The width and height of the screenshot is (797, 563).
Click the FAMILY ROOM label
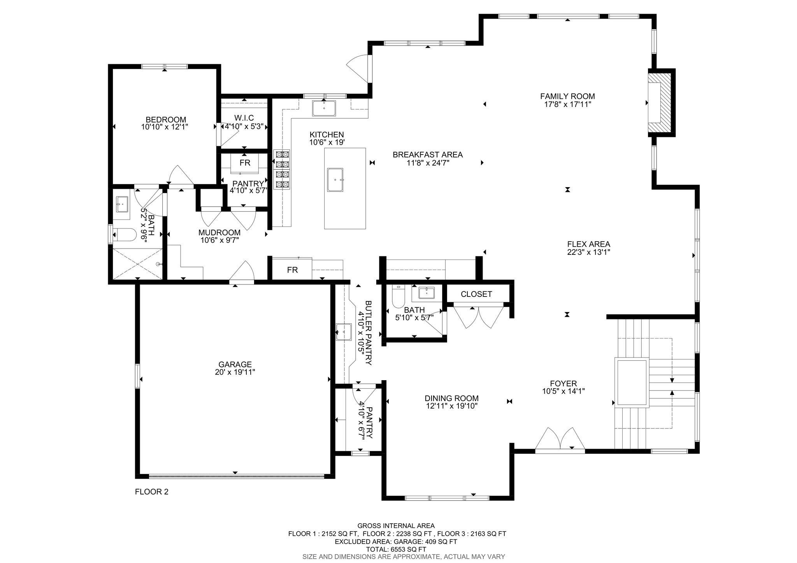coord(567,96)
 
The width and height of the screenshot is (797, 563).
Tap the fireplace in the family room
coord(660,103)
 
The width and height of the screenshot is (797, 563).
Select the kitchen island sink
coord(335,180)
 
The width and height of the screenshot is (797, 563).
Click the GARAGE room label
coord(235,365)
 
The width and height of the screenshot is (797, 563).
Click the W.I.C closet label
coord(244,118)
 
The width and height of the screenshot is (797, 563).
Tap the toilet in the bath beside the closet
coord(398,297)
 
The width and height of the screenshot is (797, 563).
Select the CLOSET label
coord(476,294)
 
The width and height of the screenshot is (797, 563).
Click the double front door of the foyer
coord(560,440)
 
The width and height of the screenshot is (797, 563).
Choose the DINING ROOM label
coord(451,398)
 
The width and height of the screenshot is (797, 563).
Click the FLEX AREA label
coord(588,244)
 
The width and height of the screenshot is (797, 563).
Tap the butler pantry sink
coord(343,332)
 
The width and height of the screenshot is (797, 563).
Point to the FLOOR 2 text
coord(151,492)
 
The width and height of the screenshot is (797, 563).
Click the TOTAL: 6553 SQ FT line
coord(396,549)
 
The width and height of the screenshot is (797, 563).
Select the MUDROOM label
coord(219,233)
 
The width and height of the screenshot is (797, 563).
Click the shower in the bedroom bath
coord(137,263)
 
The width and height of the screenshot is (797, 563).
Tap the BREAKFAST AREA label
coord(427,155)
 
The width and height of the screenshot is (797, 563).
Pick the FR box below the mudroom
coord(292,270)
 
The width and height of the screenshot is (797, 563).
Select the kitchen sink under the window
coord(324,108)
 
